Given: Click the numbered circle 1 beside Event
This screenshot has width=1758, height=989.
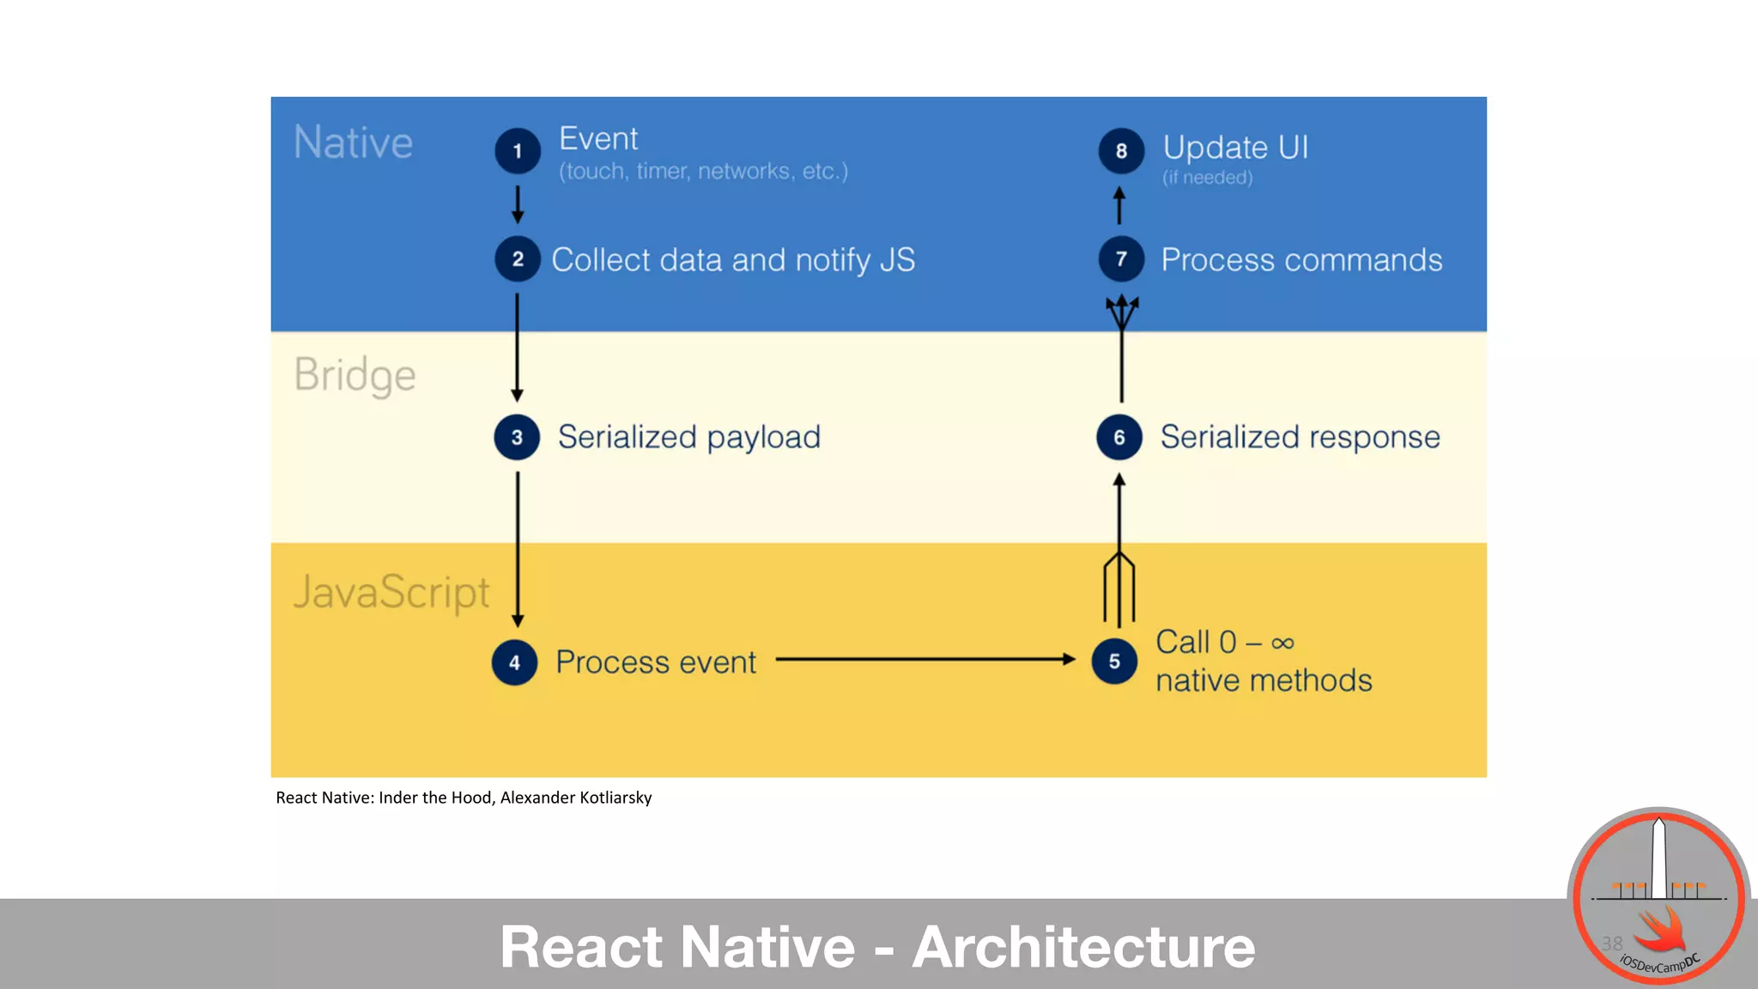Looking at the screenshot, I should click(518, 151).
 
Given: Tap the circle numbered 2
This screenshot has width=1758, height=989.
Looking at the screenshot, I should click(518, 259).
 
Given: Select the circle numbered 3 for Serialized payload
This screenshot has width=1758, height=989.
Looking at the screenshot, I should click(517, 437).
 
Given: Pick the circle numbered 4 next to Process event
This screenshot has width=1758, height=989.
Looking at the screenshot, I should click(514, 663).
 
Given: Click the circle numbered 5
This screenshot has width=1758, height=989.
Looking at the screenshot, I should click(1114, 662).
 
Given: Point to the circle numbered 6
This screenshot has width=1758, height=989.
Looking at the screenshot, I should click(1119, 437).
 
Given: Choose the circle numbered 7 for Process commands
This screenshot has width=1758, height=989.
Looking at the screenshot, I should click(1121, 259).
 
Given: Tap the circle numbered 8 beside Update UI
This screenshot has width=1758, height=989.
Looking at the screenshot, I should click(1121, 151).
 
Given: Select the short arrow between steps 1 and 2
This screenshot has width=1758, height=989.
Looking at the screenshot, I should click(518, 204).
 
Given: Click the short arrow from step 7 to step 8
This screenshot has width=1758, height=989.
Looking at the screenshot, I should click(1119, 205).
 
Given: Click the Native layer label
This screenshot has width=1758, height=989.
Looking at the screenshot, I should click(353, 143).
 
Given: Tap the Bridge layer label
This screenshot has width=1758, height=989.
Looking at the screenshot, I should click(355, 376).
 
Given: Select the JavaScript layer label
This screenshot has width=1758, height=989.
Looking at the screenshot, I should click(391, 592).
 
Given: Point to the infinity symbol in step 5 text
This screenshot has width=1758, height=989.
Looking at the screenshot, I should click(1282, 643).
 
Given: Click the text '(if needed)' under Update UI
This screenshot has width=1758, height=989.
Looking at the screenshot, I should click(1207, 178).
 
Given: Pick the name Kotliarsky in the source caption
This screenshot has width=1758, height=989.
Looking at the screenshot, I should click(615, 798).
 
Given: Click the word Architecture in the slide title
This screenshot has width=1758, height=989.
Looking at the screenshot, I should click(1083, 947).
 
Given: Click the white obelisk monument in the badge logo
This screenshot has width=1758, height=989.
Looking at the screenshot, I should click(1659, 859).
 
